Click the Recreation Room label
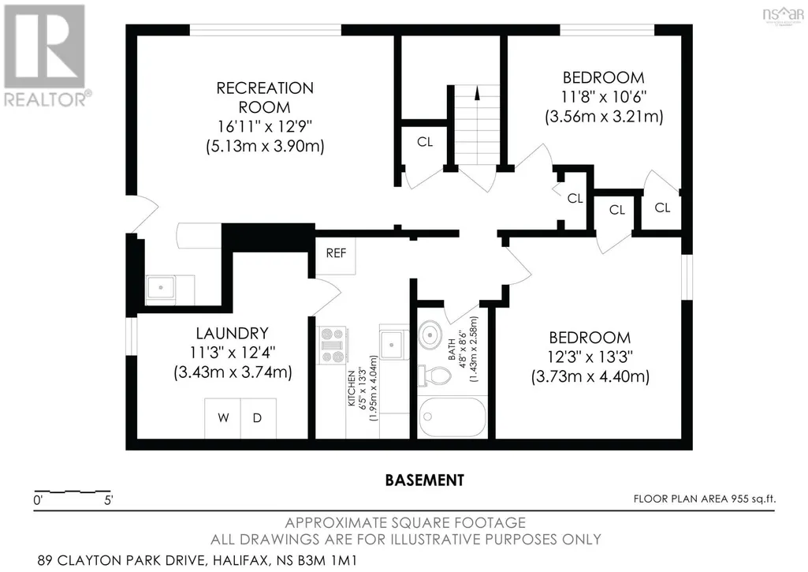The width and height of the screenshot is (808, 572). [x=265, y=98]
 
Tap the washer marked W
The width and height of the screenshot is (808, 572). [x=222, y=418]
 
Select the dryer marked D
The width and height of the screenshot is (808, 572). [x=259, y=418]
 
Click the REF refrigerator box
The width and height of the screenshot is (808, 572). [x=336, y=253]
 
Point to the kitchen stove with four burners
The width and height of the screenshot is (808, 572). [x=333, y=345]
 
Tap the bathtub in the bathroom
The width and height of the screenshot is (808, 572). [x=452, y=417]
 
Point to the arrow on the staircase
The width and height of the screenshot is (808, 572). [x=477, y=94]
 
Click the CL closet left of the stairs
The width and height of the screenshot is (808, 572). [x=425, y=142]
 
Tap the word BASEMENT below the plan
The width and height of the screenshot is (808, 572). [x=425, y=480]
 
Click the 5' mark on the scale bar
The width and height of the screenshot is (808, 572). [x=108, y=499]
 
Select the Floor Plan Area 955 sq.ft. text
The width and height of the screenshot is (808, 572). [x=705, y=499]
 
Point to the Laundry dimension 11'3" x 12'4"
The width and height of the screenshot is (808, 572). [x=233, y=353]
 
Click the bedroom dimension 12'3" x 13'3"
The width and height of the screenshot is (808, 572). [x=590, y=357]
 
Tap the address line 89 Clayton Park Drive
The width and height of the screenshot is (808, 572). [x=197, y=560]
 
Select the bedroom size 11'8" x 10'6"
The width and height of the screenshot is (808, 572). [x=603, y=96]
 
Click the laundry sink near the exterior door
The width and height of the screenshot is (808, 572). [x=161, y=288]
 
